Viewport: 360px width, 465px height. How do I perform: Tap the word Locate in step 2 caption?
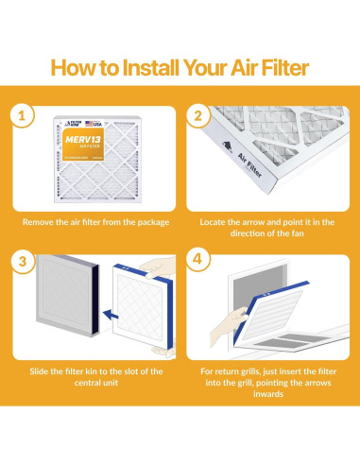217,223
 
